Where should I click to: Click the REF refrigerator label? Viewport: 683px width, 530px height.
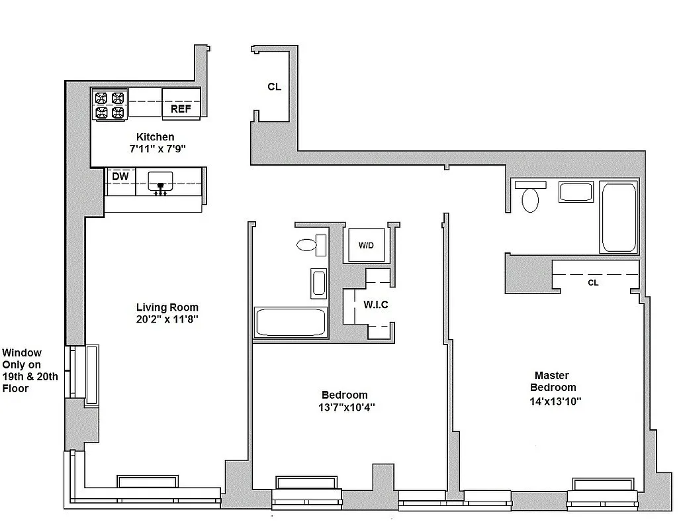[x=181, y=109]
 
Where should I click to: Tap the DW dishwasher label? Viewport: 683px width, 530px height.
[x=120, y=176]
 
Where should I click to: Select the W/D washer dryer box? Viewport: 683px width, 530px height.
[x=366, y=246]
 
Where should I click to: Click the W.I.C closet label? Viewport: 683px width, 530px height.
[x=375, y=305]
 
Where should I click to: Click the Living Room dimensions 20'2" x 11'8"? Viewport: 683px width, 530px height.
[x=167, y=319]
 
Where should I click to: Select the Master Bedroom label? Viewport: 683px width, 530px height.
[x=555, y=381]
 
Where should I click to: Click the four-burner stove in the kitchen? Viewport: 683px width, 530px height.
[x=110, y=105]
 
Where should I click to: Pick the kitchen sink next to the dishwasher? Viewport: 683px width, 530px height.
[x=159, y=181]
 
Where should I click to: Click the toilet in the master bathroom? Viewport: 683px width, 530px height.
[x=531, y=197]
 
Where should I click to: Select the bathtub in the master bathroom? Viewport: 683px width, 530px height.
[x=619, y=217]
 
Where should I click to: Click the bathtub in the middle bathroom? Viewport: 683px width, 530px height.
[x=291, y=323]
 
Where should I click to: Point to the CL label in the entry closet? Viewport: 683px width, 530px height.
[x=275, y=86]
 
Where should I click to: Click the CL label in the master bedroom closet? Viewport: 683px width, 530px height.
[x=593, y=282]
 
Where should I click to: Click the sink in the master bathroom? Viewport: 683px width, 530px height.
[x=576, y=192]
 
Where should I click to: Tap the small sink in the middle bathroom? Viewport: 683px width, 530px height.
[x=318, y=283]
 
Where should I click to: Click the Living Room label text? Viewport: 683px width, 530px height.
[x=167, y=307]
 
